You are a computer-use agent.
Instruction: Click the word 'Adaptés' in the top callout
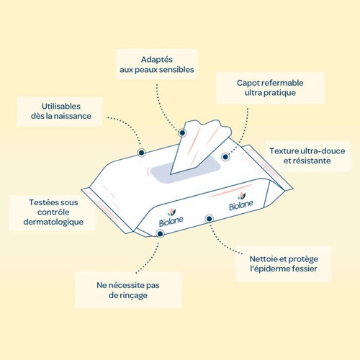[x=157, y=60]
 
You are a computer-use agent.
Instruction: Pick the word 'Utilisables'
[x=61, y=107]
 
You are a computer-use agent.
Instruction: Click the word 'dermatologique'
[x=53, y=222]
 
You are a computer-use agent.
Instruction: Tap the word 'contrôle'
[x=53, y=212]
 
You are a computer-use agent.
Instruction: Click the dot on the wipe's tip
[x=182, y=132]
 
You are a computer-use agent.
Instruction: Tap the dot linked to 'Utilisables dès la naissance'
[x=142, y=153]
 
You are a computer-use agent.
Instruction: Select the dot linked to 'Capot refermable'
[x=225, y=157]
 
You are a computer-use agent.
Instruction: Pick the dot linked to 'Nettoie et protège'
[x=210, y=219]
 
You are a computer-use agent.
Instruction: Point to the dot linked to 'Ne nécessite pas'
[x=160, y=234]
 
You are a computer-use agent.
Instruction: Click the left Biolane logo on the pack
[x=171, y=218]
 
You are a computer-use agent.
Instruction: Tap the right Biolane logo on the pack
[x=241, y=202]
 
